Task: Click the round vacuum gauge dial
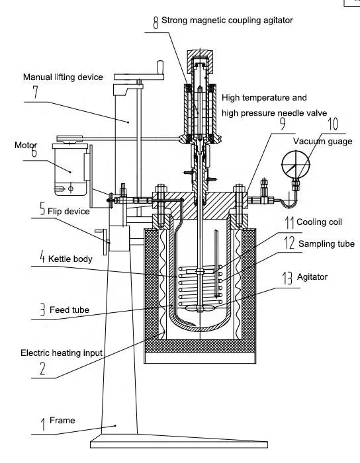coord(295,165)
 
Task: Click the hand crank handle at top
coord(160,67)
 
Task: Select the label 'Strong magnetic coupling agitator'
coord(227,21)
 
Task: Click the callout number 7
coord(36,92)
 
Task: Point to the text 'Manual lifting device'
coord(63,77)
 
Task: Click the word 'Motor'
coord(26,145)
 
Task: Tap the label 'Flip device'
coord(69,211)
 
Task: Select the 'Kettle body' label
coord(70,259)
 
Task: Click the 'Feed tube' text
coord(69,310)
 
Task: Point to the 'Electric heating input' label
coord(62,353)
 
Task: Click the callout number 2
coord(42,368)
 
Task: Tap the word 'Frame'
coord(62,420)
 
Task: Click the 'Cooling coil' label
coord(319,222)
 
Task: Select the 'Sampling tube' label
coord(326,243)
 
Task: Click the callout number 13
coord(287,278)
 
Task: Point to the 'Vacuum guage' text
coord(322,141)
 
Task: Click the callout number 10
coord(333,124)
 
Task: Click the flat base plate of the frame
coord(179,441)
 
